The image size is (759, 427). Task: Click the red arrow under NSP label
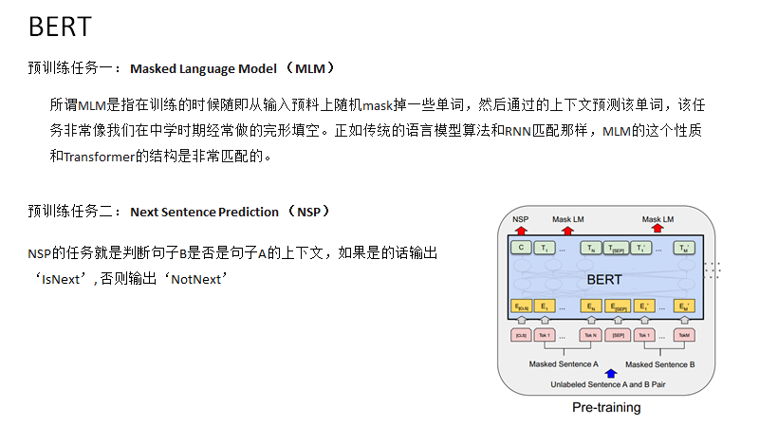520,231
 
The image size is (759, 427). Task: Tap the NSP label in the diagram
520,219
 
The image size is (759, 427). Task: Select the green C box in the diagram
520,249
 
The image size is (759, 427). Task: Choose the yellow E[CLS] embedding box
520,306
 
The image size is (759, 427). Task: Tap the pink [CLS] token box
520,335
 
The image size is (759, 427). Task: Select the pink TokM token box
683,335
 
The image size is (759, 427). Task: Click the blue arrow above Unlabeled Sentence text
610,374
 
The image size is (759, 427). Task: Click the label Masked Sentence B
660,364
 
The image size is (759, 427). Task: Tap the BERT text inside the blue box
604,279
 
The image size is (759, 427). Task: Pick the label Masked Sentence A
564,364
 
